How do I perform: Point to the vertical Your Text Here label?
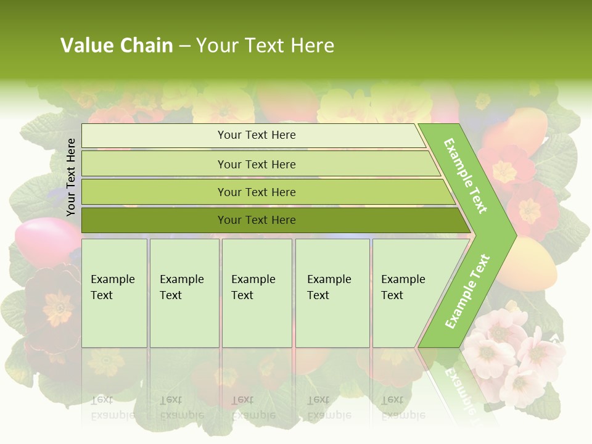coord(71,177)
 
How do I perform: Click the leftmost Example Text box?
coord(114,293)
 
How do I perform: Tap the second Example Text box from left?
coord(184,293)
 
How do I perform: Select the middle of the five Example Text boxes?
coord(257,293)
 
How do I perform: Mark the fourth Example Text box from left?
coord(332,293)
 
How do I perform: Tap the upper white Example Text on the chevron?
coord(466,176)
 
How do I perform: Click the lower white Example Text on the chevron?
coord(467,292)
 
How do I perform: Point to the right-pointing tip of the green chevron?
coord(513,234)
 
